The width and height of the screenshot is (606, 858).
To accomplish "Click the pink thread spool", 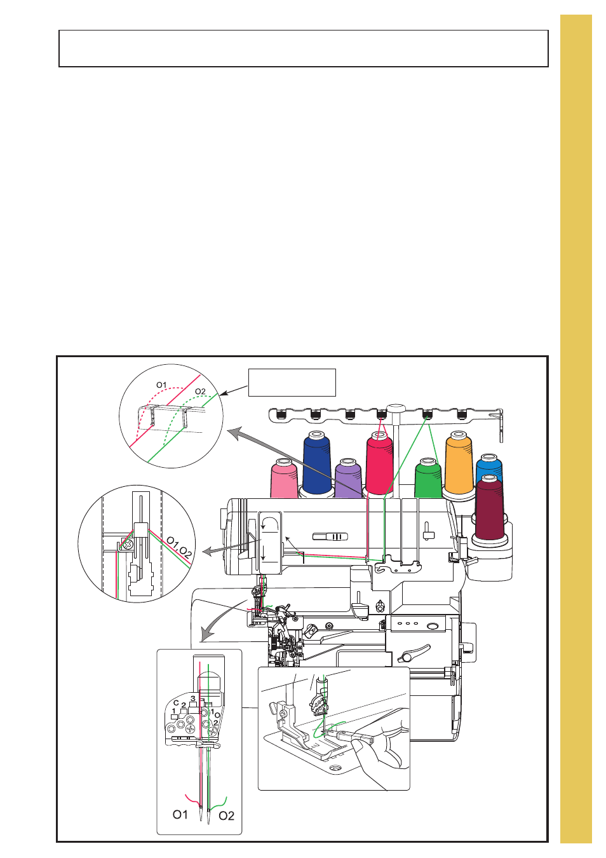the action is click(x=284, y=479).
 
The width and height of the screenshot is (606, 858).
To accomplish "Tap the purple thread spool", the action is click(x=348, y=478).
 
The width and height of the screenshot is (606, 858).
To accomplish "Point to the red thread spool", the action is click(x=379, y=463).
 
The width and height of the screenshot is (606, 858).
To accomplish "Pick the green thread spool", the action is click(x=428, y=478).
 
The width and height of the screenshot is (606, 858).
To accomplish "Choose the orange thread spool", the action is click(x=459, y=463).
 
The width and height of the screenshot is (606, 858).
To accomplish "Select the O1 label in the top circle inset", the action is click(x=161, y=385).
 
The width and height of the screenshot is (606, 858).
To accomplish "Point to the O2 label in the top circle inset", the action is click(x=200, y=392).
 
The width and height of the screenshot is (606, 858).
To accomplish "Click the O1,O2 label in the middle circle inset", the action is click(x=179, y=547).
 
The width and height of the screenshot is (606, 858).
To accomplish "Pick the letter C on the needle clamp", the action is click(x=176, y=703).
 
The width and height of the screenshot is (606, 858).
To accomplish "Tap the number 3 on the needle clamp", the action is click(x=193, y=698).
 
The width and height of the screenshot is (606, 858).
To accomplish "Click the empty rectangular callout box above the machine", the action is click(x=292, y=382).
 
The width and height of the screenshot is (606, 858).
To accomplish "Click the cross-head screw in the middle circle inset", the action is click(x=128, y=544).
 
